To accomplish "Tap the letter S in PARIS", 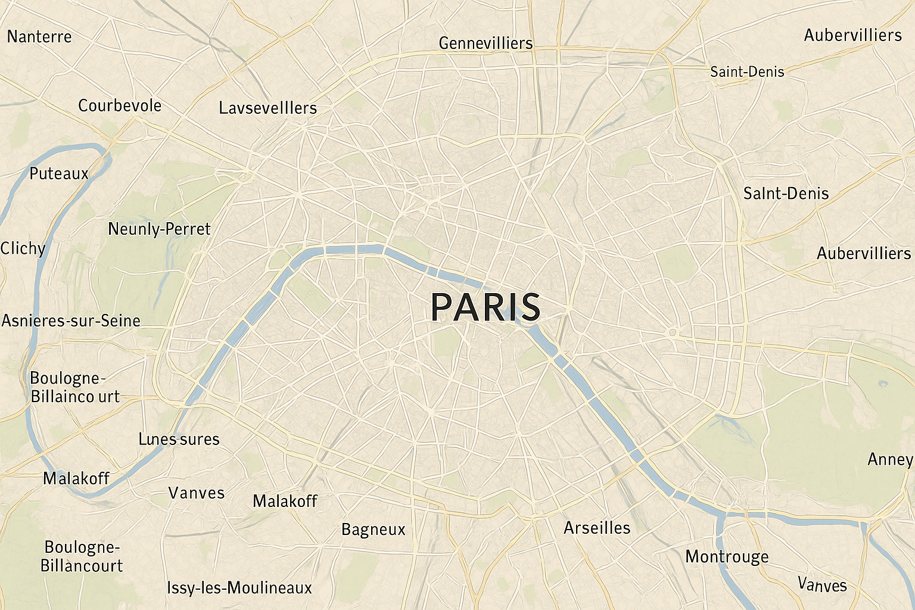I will (x=529, y=307).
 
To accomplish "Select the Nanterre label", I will (x=39, y=37).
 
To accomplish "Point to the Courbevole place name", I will (x=120, y=106).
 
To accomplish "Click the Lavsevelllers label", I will (x=267, y=108).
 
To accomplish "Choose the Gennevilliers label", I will (x=485, y=43).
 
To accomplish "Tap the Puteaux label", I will (x=59, y=174).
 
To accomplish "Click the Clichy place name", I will (x=23, y=248).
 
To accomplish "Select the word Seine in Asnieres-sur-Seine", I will (x=120, y=321).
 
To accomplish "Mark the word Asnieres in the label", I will (x=33, y=321).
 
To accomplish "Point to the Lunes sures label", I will (x=179, y=440).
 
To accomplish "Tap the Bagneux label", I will (x=373, y=530).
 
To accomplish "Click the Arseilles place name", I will (x=597, y=528).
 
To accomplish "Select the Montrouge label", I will (x=727, y=557).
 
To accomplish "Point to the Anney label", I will (x=890, y=460).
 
